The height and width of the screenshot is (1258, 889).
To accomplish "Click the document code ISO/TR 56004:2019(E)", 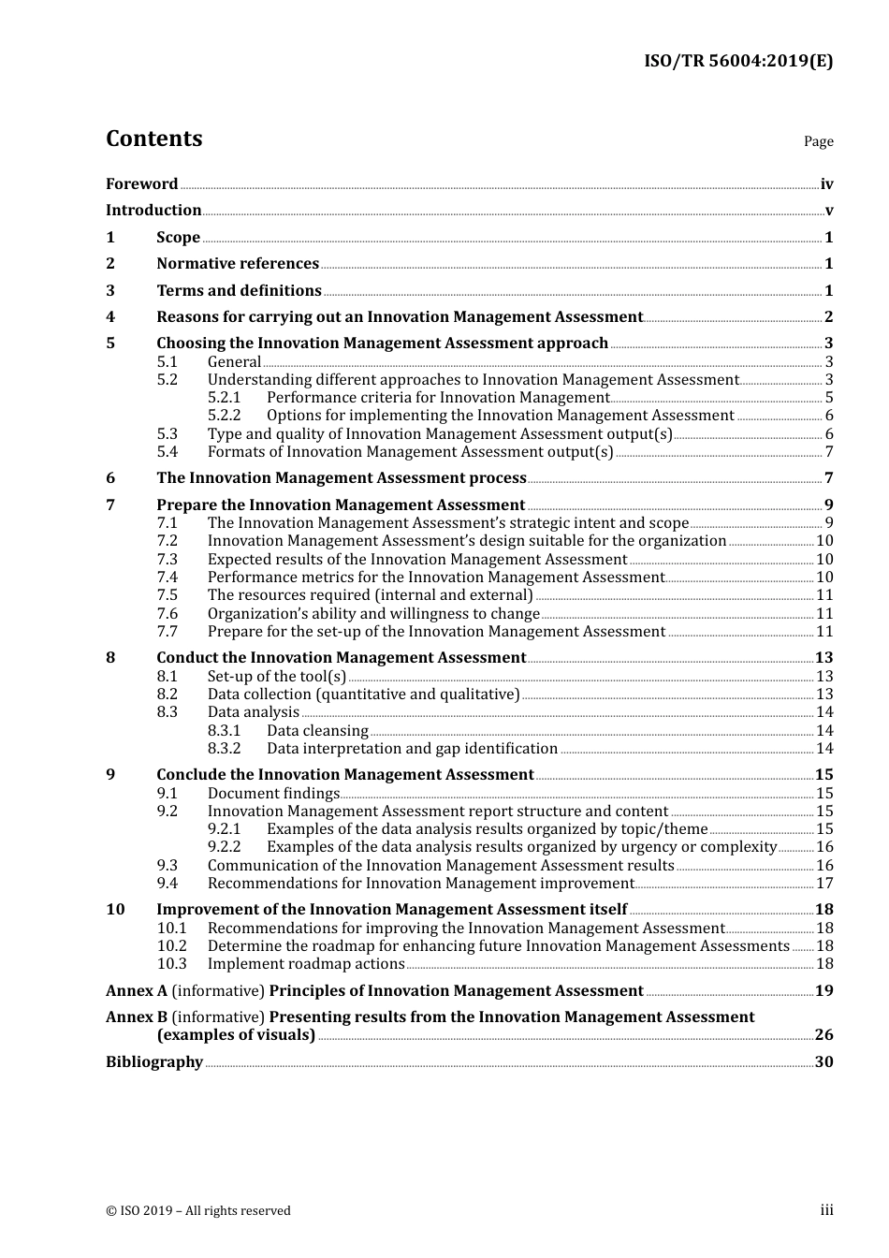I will pyautogui.click(x=738, y=62).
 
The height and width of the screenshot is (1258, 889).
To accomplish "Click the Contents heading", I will pyautogui.click(x=153, y=139).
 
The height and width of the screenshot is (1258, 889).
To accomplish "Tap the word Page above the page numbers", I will pyautogui.click(x=818, y=141).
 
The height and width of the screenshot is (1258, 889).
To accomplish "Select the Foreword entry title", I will pyautogui.click(x=141, y=184).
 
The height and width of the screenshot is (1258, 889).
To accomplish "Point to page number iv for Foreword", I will pyautogui.click(x=826, y=184).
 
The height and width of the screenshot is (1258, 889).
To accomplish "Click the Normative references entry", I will pyautogui.click(x=237, y=264).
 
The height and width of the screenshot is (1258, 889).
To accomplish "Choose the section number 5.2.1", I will pyautogui.click(x=224, y=398).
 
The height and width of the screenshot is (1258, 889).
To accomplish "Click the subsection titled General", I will pyautogui.click(x=234, y=362).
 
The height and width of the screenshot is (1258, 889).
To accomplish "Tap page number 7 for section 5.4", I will pyautogui.click(x=829, y=452).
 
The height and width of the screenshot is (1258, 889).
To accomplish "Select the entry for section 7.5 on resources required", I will pyautogui.click(x=370, y=595).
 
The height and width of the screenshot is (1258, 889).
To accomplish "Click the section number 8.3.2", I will pyautogui.click(x=224, y=749).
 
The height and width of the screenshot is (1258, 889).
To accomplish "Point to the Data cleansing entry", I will pyautogui.click(x=317, y=731).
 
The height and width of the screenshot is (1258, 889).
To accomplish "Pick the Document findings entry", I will pyautogui.click(x=273, y=794).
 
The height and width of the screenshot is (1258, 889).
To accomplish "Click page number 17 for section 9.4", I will pyautogui.click(x=824, y=884).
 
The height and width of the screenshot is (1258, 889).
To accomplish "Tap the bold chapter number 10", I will pyautogui.click(x=115, y=910).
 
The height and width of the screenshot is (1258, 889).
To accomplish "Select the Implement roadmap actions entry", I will pyautogui.click(x=306, y=964).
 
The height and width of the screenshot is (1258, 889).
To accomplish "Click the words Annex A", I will pyautogui.click(x=137, y=991).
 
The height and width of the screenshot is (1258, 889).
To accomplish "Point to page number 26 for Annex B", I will pyautogui.click(x=823, y=1035).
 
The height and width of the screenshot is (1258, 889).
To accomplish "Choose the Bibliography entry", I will pyautogui.click(x=154, y=1062).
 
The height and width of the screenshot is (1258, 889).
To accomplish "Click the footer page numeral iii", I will pyautogui.click(x=826, y=1210).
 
